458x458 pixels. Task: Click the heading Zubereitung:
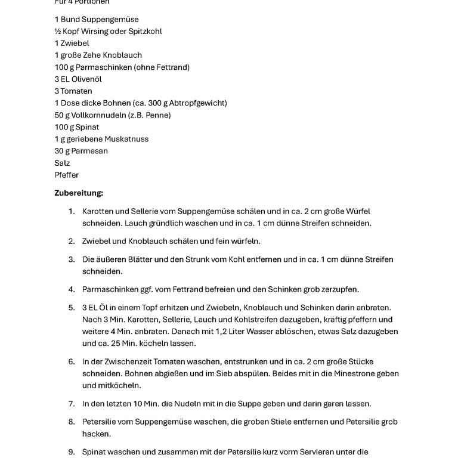click(x=79, y=193)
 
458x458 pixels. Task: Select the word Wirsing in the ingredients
click(x=98, y=31)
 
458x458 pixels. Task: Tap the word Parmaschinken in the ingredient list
click(x=101, y=67)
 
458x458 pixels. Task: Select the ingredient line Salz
click(x=62, y=163)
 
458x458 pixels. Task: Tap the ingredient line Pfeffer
click(x=66, y=175)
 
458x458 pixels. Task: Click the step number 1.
click(x=71, y=211)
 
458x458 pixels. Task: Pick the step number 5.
click(x=71, y=308)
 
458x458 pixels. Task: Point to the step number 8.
click(x=71, y=422)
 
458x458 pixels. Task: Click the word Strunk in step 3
click(x=181, y=259)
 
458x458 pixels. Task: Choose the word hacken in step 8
click(x=96, y=434)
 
